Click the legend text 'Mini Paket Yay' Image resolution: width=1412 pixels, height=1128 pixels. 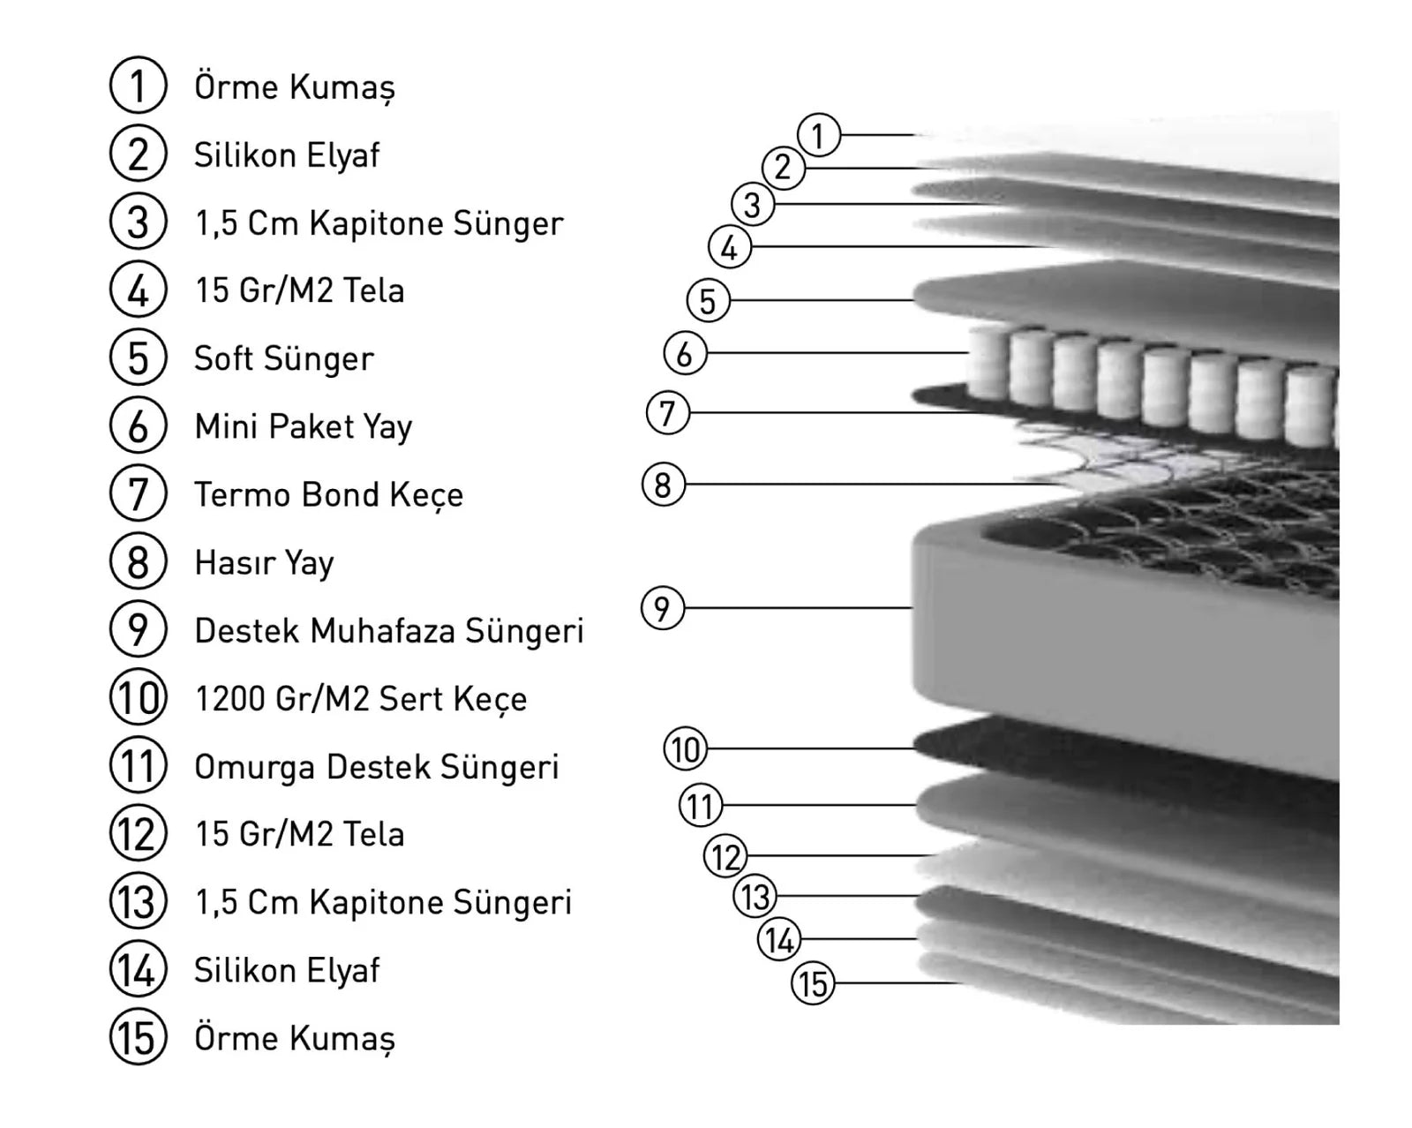tap(303, 427)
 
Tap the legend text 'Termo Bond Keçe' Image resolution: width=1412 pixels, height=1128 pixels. tap(328, 495)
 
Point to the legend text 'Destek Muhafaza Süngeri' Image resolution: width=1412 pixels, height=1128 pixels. tap(389, 631)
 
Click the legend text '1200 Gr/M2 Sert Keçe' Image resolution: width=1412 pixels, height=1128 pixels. tap(361, 700)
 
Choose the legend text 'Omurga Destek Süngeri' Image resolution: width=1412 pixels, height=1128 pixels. tap(377, 767)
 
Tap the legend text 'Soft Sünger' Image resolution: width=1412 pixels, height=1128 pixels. tap(284, 359)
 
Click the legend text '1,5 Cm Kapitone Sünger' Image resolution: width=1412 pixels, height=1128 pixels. tap(379, 224)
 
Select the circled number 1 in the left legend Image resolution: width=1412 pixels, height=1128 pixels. tap(138, 86)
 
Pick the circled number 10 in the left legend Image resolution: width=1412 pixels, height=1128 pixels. tap(138, 697)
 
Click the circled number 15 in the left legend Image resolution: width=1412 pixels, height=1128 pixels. tap(138, 1037)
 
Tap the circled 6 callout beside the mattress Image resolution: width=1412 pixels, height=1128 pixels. tap(685, 353)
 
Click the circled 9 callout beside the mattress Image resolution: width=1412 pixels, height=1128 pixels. tap(662, 608)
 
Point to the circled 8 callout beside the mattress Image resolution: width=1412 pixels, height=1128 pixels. tap(664, 485)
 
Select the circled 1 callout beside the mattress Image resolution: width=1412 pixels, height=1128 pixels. tap(819, 135)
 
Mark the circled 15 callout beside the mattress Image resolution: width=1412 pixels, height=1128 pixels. tap(813, 983)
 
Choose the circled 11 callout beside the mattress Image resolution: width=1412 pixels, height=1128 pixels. tap(701, 805)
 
